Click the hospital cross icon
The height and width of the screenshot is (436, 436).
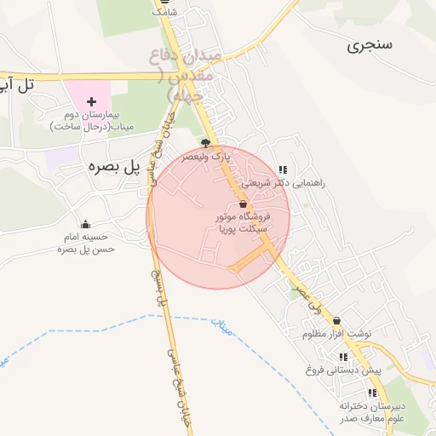coord(92,101)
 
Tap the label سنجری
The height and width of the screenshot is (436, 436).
coord(370,45)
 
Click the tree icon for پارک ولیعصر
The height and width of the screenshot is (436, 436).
coord(204,143)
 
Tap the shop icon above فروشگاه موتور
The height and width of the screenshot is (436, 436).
coord(244,204)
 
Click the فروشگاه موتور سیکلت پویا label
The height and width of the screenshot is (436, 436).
coord(244,223)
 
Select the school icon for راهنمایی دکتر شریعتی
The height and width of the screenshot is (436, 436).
coord(283,169)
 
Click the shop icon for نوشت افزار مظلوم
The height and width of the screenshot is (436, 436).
coord(337,320)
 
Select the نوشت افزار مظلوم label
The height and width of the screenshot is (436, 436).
coord(337,334)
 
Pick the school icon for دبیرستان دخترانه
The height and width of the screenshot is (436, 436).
coord(372,393)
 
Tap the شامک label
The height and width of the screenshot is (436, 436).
coord(164,13)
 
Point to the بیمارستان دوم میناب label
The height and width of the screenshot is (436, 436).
coord(92,120)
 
